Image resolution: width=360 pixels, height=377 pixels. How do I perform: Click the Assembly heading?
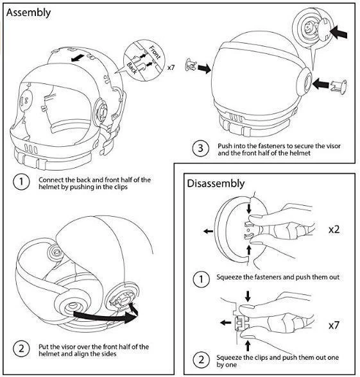click(29, 12)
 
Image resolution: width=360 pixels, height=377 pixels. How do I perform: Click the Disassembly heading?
click(216, 183)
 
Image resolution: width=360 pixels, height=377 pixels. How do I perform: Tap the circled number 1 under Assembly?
click(21, 182)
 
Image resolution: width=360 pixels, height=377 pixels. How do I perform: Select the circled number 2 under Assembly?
click(21, 349)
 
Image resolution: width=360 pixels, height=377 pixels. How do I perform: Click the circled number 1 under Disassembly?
click(201, 279)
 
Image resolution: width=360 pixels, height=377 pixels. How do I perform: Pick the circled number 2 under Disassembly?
click(201, 360)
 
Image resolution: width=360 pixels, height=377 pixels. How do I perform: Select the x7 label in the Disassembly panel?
click(334, 326)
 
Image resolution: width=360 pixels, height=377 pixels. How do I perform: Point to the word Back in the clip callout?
click(132, 66)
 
